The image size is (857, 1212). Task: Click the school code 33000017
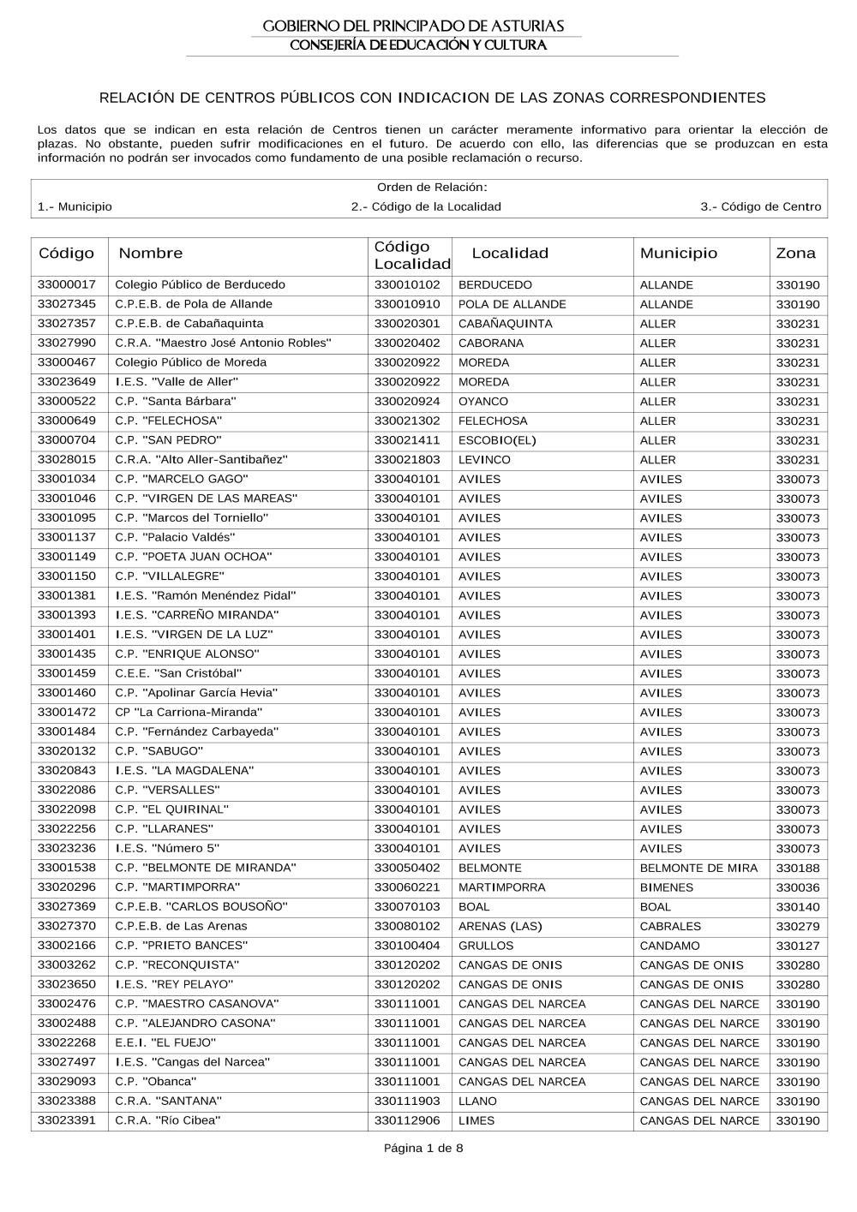tap(67, 284)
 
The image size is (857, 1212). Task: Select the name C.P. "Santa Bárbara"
tap(176, 401)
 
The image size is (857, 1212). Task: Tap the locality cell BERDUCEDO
tap(495, 284)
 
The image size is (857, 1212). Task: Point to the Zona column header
tap(795, 253)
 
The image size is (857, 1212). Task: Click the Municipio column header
tap(679, 253)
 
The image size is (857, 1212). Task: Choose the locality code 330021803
tap(407, 459)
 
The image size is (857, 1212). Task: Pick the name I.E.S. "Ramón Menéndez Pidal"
tap(206, 595)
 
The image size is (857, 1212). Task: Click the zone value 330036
tap(798, 887)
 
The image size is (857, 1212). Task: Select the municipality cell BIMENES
tap(667, 887)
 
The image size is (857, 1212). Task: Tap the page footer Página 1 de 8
tap(424, 1148)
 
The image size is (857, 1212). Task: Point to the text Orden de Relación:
tap(432, 187)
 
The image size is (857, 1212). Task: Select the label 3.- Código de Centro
tap(760, 206)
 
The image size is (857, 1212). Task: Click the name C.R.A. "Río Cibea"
tap(168, 1120)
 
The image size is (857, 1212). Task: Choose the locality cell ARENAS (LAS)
tap(500, 926)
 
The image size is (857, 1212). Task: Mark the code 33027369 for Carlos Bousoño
tap(67, 906)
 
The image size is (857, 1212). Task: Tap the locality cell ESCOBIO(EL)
tap(497, 440)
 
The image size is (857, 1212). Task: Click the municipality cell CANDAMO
tap(669, 946)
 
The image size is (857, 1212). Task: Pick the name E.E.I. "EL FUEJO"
tap(165, 1042)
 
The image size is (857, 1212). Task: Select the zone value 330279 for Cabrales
tap(798, 926)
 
